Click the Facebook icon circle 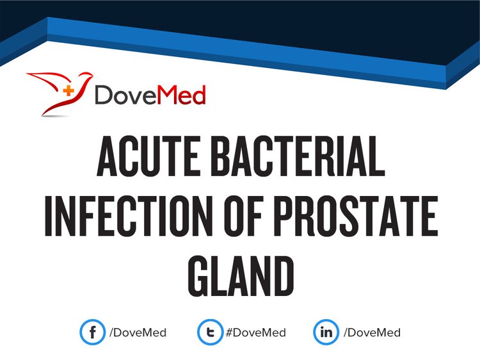pos(92,332)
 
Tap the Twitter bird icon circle pos(210,332)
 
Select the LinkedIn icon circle pos(326,332)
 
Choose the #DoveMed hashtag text pos(256,333)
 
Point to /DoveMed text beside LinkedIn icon pos(372,333)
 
